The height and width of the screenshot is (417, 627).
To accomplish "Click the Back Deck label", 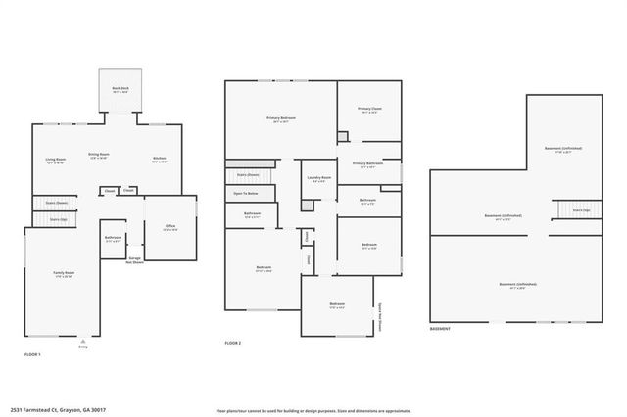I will pos(121,89).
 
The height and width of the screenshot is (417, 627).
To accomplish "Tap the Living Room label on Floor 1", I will pos(55,160).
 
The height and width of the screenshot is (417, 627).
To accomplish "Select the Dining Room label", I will pos(99,155).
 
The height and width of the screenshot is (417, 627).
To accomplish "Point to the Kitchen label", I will pos(159,160).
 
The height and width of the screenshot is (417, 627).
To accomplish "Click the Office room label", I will pos(169,228).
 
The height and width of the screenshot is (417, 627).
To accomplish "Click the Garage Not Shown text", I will pos(135,260).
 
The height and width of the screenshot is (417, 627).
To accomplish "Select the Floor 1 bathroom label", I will pos(113,239).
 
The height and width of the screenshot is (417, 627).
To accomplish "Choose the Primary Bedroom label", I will pos(281,119).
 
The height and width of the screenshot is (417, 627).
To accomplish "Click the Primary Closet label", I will pos(369,110).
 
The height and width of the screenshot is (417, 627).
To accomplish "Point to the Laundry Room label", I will pos(319,179).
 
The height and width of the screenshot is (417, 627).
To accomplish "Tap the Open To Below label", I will pos(245,194).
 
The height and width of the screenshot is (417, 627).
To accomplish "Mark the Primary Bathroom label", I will pos(366,165).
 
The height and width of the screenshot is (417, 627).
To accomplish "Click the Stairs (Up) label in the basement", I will pos(582,209).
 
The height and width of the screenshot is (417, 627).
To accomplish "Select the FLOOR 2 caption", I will pos(233,343).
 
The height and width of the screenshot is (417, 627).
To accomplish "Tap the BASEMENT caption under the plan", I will pos(441,329).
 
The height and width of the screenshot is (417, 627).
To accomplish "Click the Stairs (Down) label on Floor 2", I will pos(248,175).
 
